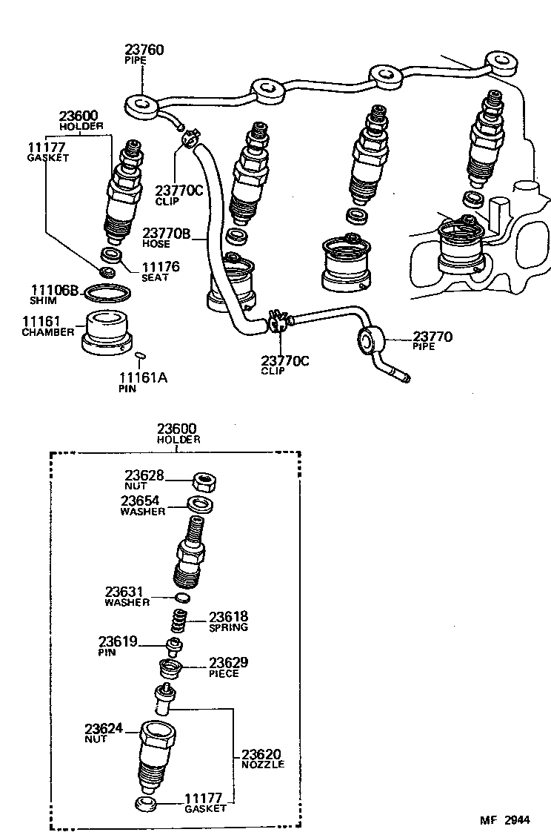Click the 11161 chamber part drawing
coord(108,333)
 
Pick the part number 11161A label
coord(143,377)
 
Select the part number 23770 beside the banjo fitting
coord(432,337)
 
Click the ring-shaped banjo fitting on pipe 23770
coord(370,342)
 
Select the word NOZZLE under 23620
coord(262,764)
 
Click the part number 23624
coord(104,729)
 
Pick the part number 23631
coord(124,592)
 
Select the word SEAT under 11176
coord(155,278)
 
